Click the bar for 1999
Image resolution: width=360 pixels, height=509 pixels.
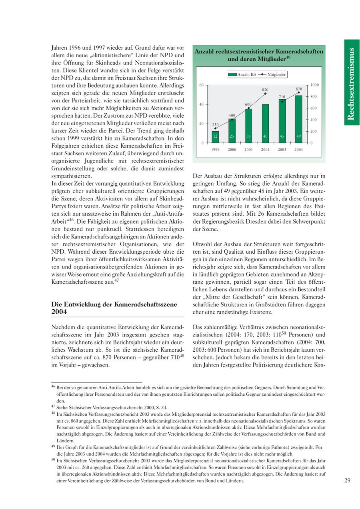pyautogui.click(x=215, y=137)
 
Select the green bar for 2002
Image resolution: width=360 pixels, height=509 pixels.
pyautogui.click(x=265, y=123)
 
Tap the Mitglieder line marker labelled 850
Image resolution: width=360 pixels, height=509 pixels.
pyautogui.click(x=266, y=94)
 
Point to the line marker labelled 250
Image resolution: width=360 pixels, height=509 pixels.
pyautogui.click(x=215, y=128)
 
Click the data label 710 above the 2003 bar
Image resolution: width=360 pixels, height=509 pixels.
pyautogui.click(x=282, y=97)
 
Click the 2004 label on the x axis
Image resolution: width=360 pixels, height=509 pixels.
pyautogui.click(x=298, y=150)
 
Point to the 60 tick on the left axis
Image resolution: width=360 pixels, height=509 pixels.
pyautogui.click(x=202, y=85)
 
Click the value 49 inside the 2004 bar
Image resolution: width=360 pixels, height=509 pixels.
pyautogui.click(x=298, y=136)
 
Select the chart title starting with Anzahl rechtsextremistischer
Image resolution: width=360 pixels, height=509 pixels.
pyautogui.click(x=259, y=55)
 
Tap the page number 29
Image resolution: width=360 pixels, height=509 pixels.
pyautogui.click(x=347, y=481)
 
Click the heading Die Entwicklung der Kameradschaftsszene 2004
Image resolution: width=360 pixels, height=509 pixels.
pyautogui.click(x=114, y=308)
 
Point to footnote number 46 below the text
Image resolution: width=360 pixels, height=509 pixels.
pyautogui.click(x=53, y=387)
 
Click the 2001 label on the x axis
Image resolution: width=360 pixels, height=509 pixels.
pyautogui.click(x=248, y=150)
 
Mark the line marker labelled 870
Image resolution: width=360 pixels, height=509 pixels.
pyautogui.click(x=299, y=92)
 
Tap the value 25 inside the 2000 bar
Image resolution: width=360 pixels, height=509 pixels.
pyautogui.click(x=232, y=136)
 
